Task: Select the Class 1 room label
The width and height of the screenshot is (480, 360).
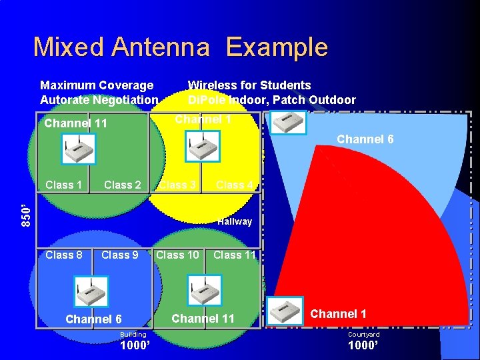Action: (x=64, y=185)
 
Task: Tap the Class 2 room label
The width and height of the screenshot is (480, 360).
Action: (x=123, y=185)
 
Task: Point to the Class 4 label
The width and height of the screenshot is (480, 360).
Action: (x=235, y=185)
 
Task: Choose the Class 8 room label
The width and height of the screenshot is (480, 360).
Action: (x=64, y=255)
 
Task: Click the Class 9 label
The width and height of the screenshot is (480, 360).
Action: (x=120, y=255)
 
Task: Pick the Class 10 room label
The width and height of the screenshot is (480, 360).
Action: (x=177, y=255)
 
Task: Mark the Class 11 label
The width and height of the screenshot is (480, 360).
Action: (x=235, y=255)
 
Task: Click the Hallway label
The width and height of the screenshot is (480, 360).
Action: (x=235, y=221)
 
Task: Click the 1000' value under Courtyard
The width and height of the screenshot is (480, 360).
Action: (x=363, y=346)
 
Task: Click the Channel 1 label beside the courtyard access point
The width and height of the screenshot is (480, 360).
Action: (x=339, y=314)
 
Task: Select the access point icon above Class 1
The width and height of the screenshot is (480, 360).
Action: (x=79, y=149)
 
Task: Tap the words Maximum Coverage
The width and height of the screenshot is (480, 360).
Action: (x=97, y=85)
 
